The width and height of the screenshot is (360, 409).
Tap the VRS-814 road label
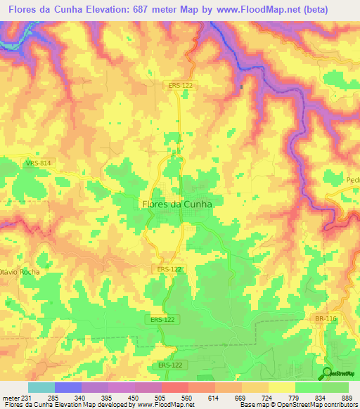click(x=37, y=163)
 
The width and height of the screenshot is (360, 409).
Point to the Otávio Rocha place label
click(x=20, y=271)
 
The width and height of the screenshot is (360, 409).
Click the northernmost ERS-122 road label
click(x=181, y=85)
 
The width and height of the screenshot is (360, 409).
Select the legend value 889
click(x=346, y=397)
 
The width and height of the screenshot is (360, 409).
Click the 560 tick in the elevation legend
click(x=187, y=397)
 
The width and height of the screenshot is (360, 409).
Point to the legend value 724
click(x=267, y=397)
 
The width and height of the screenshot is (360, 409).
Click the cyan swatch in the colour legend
click(x=41, y=387)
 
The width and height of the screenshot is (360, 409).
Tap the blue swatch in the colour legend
click(x=68, y=387)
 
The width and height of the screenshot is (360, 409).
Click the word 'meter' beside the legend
click(x=10, y=397)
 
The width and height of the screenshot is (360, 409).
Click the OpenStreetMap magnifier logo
click(x=328, y=372)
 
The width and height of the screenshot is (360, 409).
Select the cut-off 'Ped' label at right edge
click(x=352, y=180)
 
